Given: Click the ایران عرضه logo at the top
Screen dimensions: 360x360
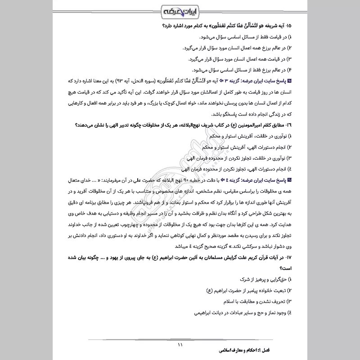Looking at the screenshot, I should tap(180, 10).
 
